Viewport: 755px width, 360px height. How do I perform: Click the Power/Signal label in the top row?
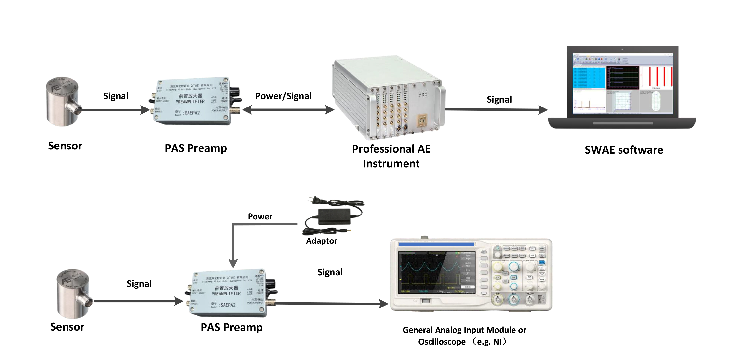283,96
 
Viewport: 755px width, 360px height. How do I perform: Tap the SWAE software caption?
624,150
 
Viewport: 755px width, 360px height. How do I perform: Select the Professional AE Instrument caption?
391,156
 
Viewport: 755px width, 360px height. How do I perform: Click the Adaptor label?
322,241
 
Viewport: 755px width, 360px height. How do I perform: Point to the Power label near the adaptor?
260,216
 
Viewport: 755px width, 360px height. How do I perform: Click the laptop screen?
622,84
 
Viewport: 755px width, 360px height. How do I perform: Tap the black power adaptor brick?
334,217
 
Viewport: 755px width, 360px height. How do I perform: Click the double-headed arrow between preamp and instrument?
288,110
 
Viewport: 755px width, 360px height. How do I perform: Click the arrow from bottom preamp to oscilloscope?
331,304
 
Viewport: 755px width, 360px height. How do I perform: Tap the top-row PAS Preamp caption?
195,148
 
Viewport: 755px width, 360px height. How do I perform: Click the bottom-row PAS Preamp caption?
231,327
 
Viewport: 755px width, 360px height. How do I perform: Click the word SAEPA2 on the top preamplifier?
192,113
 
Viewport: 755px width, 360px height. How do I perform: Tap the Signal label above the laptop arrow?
499,100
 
